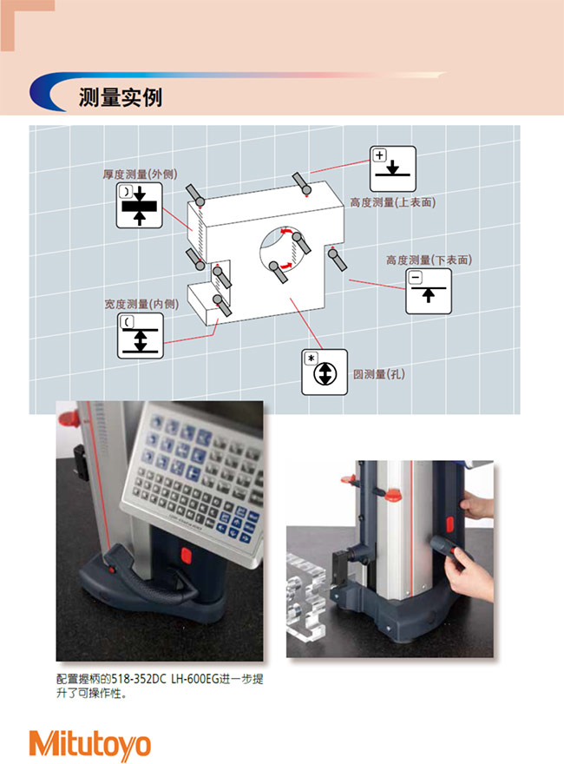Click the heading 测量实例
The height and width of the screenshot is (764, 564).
point(121,97)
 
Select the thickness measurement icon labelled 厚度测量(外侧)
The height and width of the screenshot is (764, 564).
point(140,205)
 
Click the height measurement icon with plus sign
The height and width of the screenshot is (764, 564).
point(392,168)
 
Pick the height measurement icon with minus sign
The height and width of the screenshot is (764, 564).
point(429,291)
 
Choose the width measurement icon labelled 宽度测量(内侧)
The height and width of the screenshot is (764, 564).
point(141,336)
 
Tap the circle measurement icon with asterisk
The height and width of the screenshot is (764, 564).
point(325,372)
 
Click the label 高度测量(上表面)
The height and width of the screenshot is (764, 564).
point(393,202)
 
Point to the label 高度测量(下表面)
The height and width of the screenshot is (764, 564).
point(430,260)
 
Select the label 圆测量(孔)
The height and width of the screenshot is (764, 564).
point(379,374)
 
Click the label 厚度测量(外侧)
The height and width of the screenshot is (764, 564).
point(140,175)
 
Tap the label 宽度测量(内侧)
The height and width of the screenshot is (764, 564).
point(141,304)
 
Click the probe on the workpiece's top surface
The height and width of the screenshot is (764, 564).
point(302,183)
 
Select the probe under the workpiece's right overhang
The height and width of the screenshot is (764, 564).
point(338,260)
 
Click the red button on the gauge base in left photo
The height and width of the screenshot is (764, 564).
point(186,555)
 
